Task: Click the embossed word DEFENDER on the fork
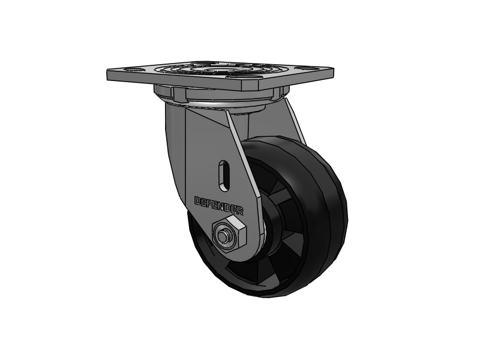tap(219, 205)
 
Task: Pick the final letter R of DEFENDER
tap(240, 211)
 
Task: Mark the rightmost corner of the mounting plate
tap(333, 70)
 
